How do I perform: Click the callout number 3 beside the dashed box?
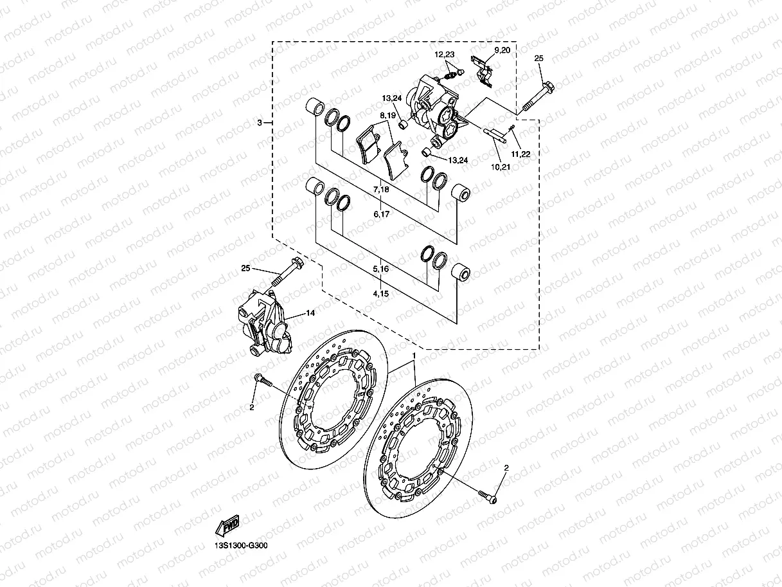click(x=260, y=122)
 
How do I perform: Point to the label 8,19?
click(x=388, y=116)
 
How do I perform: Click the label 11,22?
click(x=520, y=154)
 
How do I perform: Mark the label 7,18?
click(x=381, y=190)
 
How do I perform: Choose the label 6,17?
click(x=381, y=214)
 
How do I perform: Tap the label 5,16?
click(x=381, y=268)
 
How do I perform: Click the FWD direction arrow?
click(x=227, y=526)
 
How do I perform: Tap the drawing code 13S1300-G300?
click(x=241, y=546)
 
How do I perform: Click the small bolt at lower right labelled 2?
click(x=489, y=495)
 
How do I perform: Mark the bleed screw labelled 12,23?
click(x=452, y=75)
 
